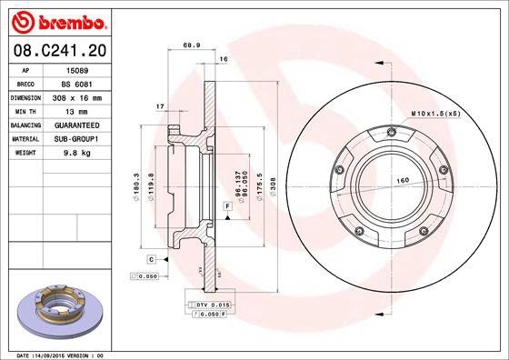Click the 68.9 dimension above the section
pyautogui.click(x=192, y=44)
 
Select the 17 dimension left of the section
pyautogui.click(x=160, y=106)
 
